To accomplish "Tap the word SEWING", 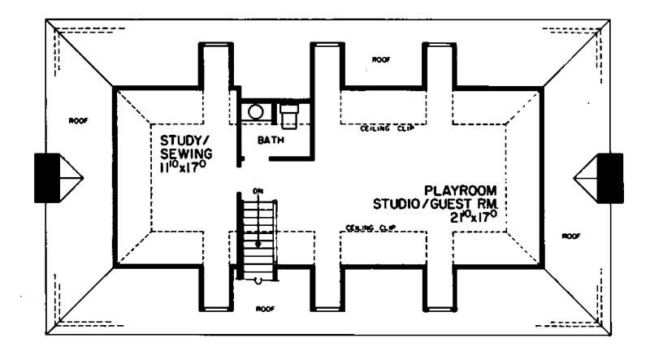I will tap(187, 153).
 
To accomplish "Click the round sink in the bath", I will tap(257, 112).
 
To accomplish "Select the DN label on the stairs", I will tap(258, 191).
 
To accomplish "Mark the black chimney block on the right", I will tap(610, 176).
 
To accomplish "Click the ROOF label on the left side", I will tap(78, 120).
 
